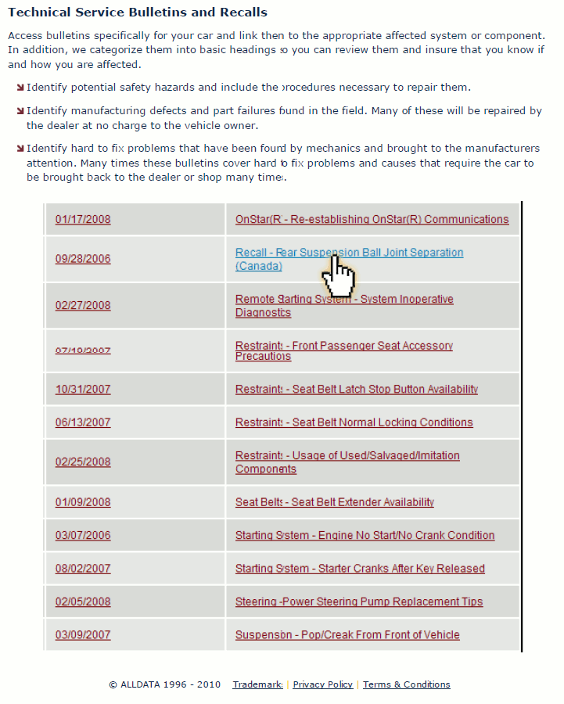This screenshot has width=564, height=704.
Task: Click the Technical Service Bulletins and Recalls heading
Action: click(138, 13)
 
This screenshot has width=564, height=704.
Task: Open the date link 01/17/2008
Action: click(83, 220)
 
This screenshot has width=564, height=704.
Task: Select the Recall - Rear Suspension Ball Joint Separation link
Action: click(349, 253)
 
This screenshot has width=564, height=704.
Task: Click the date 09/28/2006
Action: click(83, 259)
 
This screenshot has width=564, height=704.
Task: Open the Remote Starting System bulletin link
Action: click(344, 300)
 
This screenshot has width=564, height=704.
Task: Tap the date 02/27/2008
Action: click(83, 306)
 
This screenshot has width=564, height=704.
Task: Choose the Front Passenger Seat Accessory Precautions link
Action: click(344, 346)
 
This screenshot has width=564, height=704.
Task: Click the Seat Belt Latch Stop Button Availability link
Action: click(357, 390)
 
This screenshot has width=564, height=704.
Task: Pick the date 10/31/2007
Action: click(83, 390)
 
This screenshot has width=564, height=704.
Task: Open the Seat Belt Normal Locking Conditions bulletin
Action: click(354, 422)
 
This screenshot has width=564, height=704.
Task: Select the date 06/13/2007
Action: click(83, 422)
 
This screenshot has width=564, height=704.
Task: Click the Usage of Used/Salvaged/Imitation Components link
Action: click(347, 456)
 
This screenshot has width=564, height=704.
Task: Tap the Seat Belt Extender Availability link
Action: click(335, 502)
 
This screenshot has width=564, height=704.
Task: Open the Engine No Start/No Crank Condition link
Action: click(365, 536)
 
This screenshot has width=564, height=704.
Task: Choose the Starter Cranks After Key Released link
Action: click(360, 569)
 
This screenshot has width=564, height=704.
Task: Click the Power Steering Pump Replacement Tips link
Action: click(359, 602)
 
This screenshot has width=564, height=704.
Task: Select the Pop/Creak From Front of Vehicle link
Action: click(347, 635)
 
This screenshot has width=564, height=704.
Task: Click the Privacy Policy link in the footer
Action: click(322, 684)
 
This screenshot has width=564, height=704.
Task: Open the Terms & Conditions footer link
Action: click(407, 684)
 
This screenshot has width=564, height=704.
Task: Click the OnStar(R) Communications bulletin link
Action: click(372, 220)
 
